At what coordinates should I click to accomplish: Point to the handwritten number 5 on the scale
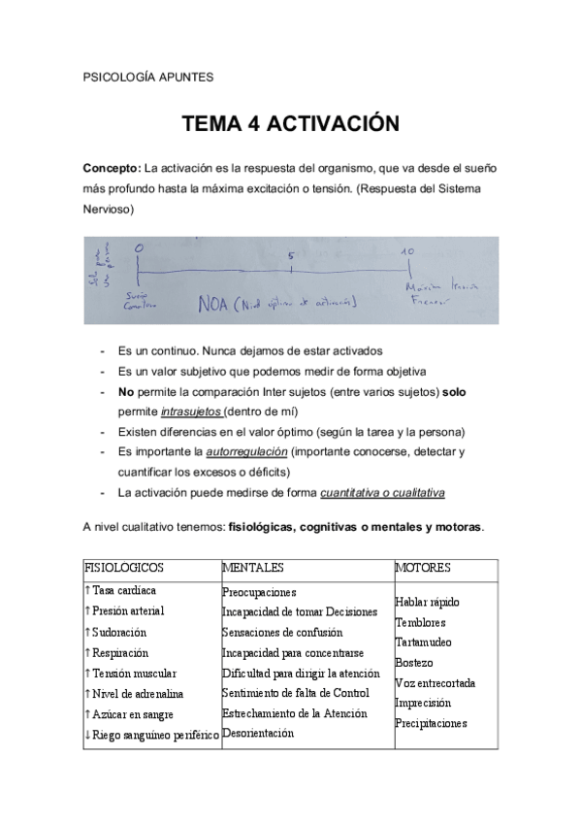(291, 257)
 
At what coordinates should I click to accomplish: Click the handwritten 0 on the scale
(139, 250)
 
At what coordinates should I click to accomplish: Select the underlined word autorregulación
(246, 452)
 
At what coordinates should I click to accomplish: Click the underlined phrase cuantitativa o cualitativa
(382, 493)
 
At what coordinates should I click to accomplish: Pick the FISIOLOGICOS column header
(124, 568)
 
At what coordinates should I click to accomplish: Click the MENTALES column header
(252, 568)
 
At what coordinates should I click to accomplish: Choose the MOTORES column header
(423, 568)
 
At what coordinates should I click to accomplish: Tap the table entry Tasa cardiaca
(124, 590)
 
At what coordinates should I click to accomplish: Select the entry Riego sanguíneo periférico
(155, 735)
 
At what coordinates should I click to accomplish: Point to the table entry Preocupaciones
(259, 591)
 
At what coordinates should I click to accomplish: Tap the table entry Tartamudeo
(424, 642)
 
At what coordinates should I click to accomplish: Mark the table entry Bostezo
(414, 663)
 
